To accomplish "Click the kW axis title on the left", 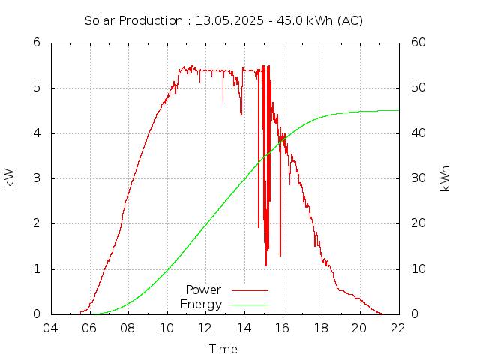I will coord(10,178).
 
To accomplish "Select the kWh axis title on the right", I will coord(445,178).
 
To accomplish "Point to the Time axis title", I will coord(223,349).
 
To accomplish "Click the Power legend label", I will coord(203,289).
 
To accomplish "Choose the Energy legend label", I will coord(201,304).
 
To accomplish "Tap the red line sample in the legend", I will coord(250,289).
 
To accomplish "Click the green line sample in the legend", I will coord(250,304).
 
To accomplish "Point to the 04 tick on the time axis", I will coord(50,328).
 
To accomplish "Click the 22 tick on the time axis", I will coord(398,328).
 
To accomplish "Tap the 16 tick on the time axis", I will coord(282,328).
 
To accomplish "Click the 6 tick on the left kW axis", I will coord(36,42).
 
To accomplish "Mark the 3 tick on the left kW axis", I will coord(36,178).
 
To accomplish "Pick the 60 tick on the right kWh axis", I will coord(419,42).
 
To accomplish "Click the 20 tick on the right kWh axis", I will coord(419,223).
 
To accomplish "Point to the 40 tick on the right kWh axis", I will coord(419,133).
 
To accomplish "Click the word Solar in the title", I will coord(99,20).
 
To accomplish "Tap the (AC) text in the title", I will coord(349,20).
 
